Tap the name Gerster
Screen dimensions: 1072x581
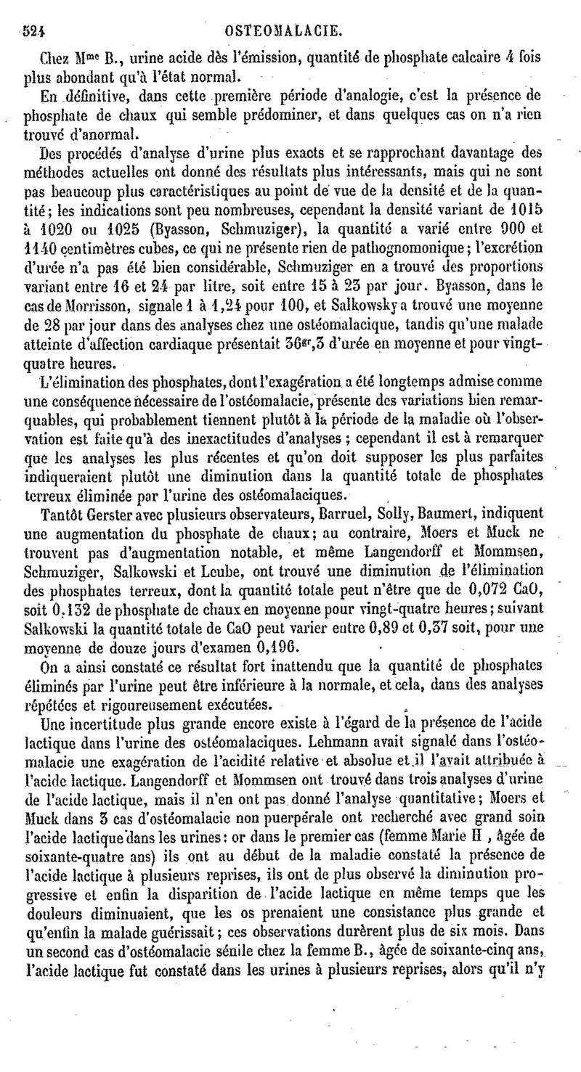tap(109, 512)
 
